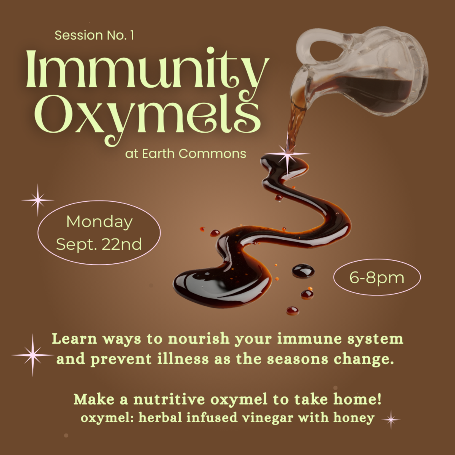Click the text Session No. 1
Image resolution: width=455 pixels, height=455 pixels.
pyautogui.click(x=94, y=35)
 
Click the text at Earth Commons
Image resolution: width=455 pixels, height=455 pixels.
pyautogui.click(x=186, y=153)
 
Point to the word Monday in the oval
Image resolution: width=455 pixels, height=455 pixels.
pyautogui.click(x=99, y=222)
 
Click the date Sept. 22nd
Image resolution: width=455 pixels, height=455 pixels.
pyautogui.click(x=99, y=244)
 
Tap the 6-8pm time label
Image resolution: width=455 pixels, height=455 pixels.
pyautogui.click(x=377, y=277)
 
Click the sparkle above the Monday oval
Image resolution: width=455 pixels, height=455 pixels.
pyautogui.click(x=38, y=200)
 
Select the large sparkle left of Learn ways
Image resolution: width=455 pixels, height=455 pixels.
pyautogui.click(x=32, y=355)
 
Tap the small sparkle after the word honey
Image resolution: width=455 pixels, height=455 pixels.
pyautogui.click(x=391, y=419)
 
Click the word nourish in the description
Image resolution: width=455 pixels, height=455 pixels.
pyautogui.click(x=199, y=339)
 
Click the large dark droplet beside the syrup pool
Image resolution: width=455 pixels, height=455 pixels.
pyautogui.click(x=303, y=271)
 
